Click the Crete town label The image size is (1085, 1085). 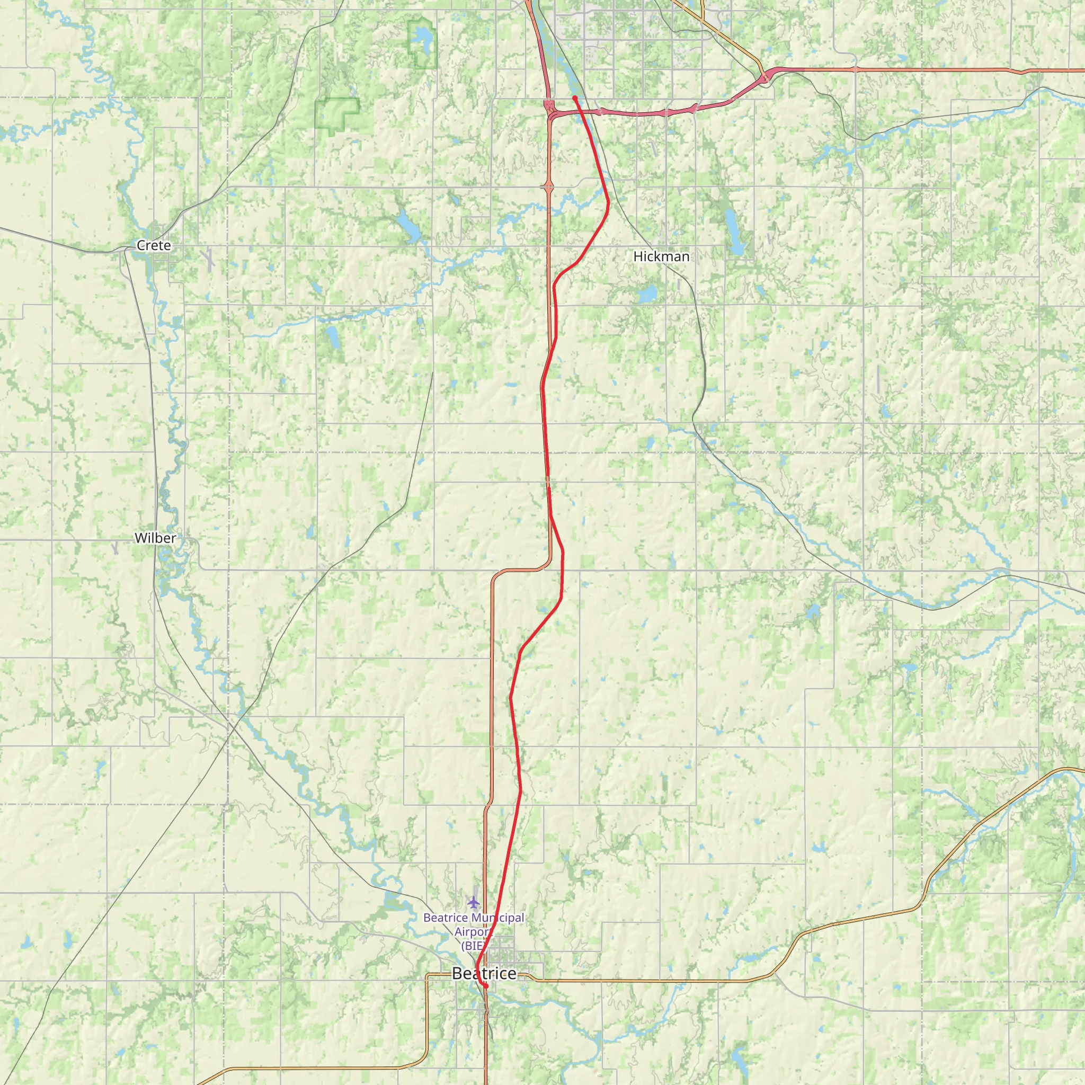pos(153,245)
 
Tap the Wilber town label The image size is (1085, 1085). pos(155,538)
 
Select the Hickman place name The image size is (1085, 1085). pos(661,256)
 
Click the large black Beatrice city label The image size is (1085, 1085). pos(484,973)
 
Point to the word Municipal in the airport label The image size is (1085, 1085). pos(497,918)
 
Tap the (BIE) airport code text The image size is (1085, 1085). pos(472,946)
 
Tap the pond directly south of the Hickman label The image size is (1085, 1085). pos(647,293)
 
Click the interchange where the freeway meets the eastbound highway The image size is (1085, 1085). pos(766,77)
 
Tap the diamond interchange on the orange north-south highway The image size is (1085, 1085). pos(549,186)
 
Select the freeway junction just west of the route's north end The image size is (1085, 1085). pos(550,109)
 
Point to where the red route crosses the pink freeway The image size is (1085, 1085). pos(580,112)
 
